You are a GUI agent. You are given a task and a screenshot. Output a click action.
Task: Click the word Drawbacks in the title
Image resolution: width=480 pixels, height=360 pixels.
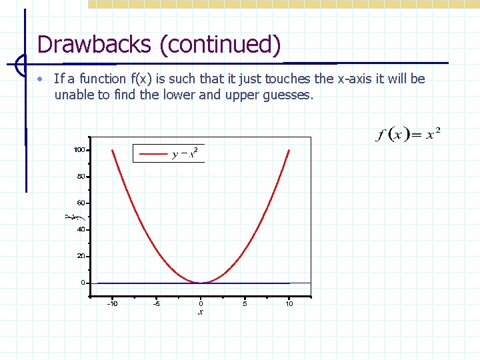[95, 45]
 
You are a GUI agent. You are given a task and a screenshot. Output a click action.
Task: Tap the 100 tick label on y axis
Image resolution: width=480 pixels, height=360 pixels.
[79, 150]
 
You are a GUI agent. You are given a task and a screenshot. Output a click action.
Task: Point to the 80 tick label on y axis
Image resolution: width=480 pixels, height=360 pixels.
[81, 177]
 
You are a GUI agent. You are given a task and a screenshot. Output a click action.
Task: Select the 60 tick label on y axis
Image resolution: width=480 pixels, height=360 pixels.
[81, 203]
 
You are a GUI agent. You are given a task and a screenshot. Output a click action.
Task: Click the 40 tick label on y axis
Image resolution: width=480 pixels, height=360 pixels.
[81, 229]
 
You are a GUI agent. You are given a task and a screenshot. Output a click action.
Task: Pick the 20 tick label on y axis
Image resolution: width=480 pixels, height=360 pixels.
[81, 256]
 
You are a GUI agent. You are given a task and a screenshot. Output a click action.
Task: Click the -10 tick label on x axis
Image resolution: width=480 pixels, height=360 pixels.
[112, 304]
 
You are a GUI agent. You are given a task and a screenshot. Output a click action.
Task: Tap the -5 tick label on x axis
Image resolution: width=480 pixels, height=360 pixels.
[156, 304]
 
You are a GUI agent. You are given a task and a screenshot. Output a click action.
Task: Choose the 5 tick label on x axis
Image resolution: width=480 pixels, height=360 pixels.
[245, 304]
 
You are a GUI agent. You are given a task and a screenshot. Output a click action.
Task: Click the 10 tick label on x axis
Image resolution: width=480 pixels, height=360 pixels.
[289, 304]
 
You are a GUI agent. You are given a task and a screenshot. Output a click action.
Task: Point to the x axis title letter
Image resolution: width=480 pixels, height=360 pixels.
[201, 312]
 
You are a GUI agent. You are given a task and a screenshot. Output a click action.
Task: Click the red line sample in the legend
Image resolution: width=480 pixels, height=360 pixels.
[151, 154]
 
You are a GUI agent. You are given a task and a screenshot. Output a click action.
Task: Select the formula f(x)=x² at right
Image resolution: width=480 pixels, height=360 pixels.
[407, 134]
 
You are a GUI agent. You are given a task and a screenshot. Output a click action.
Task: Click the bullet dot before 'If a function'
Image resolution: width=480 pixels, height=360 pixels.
[41, 79]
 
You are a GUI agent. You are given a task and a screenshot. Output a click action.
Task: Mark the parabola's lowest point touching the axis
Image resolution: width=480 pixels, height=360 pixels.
[201, 283]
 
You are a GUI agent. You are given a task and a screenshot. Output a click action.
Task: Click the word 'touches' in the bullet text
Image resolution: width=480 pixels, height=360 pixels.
[287, 79]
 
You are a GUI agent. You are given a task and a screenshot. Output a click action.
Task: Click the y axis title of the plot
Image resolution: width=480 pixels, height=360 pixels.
[69, 217]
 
